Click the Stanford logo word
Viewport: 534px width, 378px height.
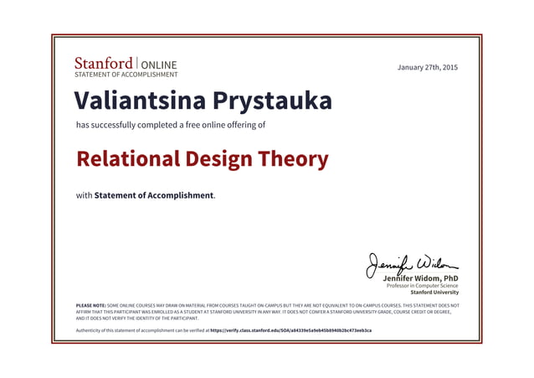coord(103,63)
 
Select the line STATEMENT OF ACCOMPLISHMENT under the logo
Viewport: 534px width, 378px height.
coord(126,75)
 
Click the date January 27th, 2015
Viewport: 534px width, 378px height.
coord(428,67)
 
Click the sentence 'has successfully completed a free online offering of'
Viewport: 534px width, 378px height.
coord(171,125)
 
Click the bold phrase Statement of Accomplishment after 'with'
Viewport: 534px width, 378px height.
coord(154,195)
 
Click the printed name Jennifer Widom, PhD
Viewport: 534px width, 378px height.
coord(420,278)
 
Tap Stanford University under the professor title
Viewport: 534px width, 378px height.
coord(434,293)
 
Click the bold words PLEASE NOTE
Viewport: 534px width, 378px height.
coord(90,306)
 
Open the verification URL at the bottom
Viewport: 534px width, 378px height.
coord(290,331)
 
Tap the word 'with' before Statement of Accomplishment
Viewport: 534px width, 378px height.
coord(84,195)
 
